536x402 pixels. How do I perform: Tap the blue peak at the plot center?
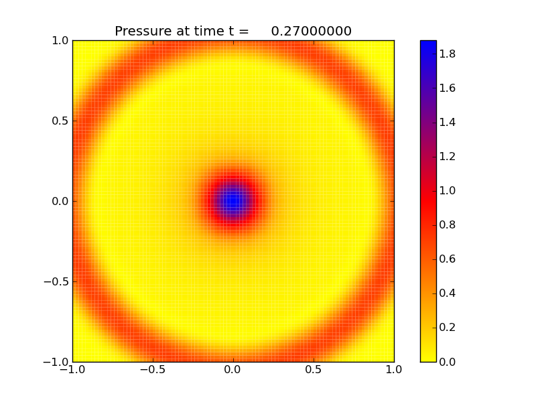click(x=232, y=200)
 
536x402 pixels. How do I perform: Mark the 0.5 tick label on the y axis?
click(x=60, y=121)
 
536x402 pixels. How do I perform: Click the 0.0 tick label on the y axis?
click(x=60, y=201)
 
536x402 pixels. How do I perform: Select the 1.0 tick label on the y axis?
click(x=60, y=40)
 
